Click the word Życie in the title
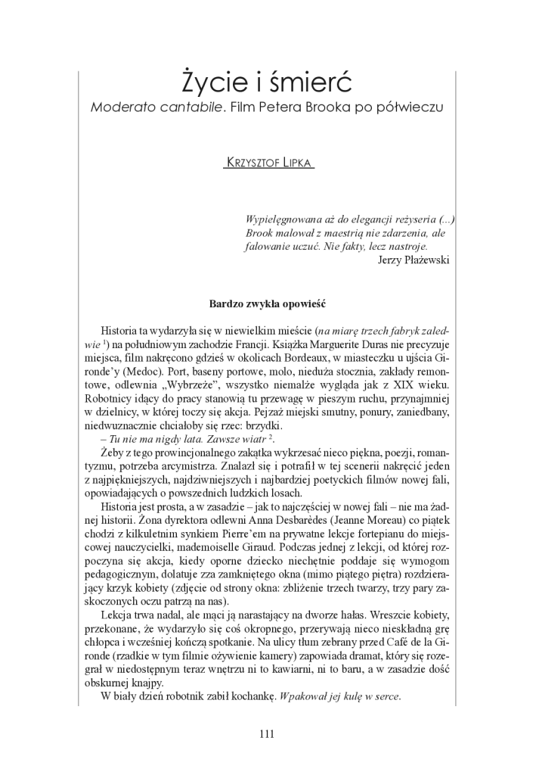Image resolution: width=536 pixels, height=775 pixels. pyautogui.click(x=213, y=81)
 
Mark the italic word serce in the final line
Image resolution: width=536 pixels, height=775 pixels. pyautogui.click(x=386, y=696)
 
